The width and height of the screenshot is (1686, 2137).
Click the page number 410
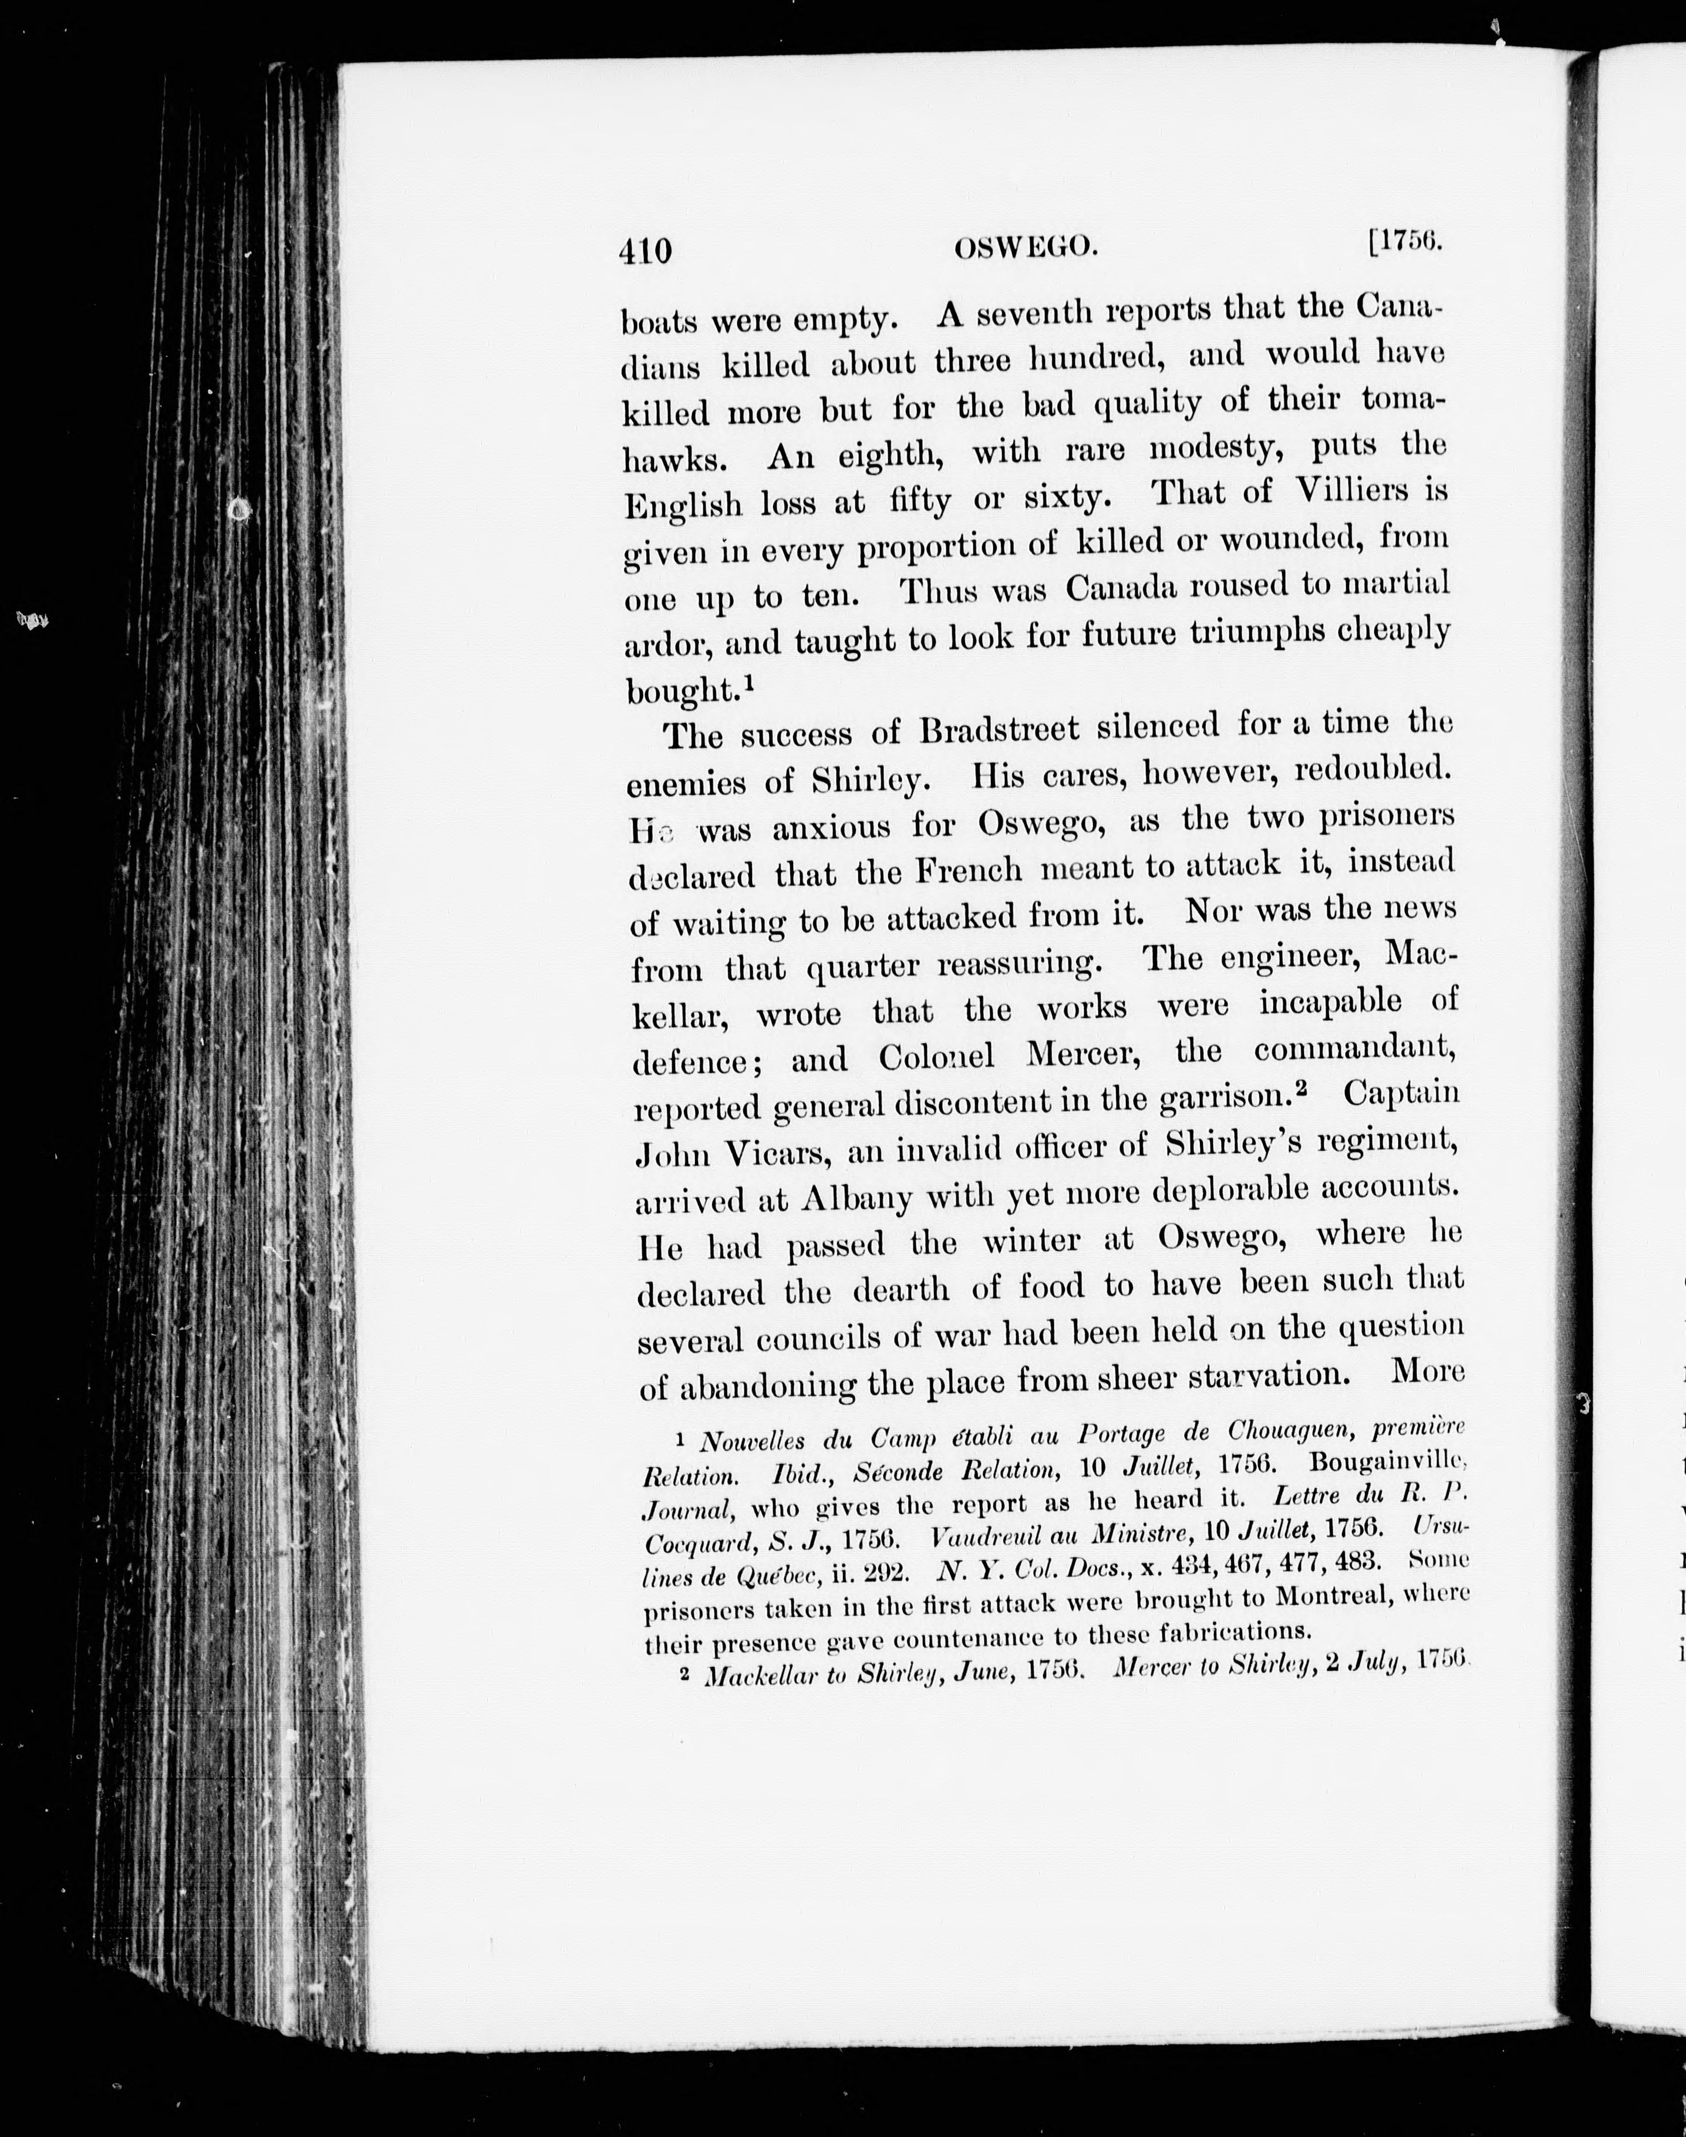pos(646,252)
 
